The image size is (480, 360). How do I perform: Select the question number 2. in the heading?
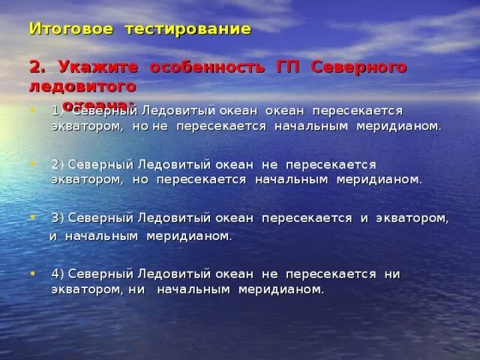pyautogui.click(x=37, y=67)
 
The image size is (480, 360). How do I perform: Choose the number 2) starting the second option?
pyautogui.click(x=58, y=164)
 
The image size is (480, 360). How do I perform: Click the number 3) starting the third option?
pyautogui.click(x=58, y=218)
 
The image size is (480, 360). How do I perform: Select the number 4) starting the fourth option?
pyautogui.click(x=58, y=273)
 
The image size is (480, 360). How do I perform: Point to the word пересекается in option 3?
pyautogui.click(x=307, y=218)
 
